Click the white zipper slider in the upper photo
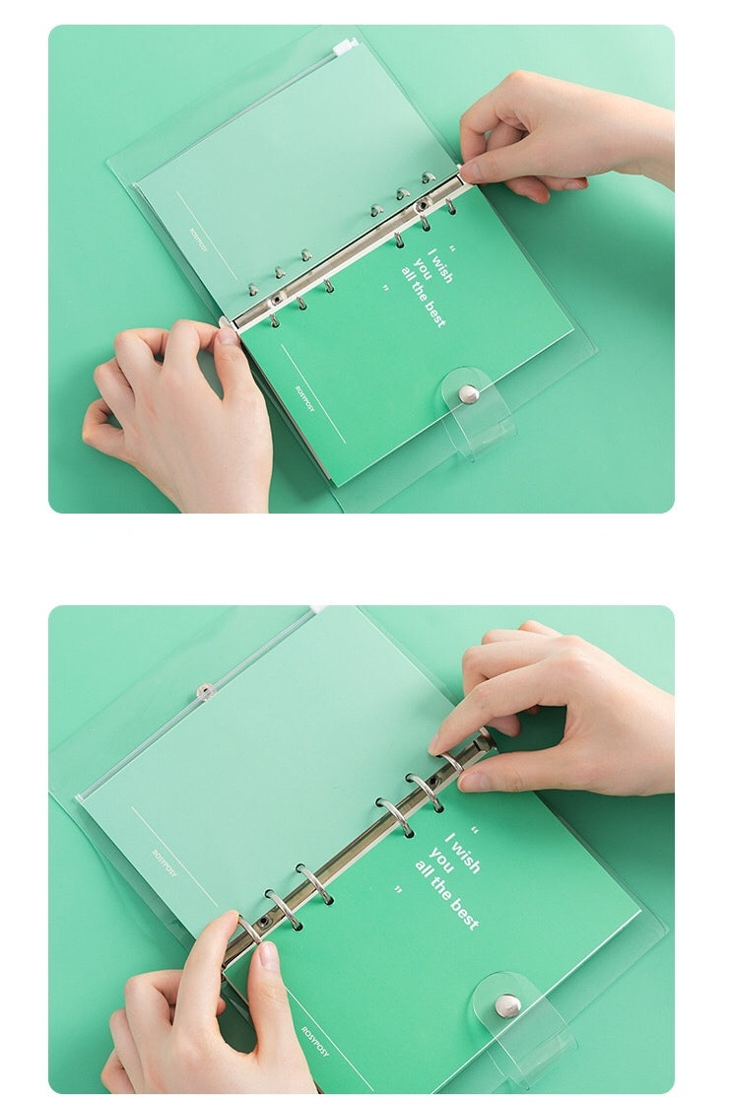point(345,45)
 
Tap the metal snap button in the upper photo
point(469,394)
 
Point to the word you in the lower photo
point(440,862)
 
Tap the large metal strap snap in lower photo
point(507,1006)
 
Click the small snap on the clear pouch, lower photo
point(205,691)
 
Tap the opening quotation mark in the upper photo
point(453,248)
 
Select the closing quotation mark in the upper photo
point(386,290)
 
